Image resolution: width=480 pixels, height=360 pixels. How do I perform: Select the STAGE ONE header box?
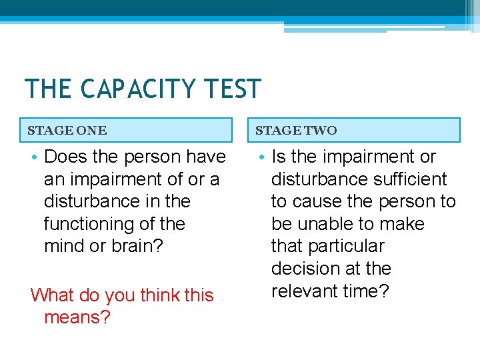tap(129, 130)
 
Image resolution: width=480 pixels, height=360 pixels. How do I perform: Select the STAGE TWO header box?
tap(357, 130)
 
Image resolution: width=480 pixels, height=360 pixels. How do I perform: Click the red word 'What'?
tap(53, 295)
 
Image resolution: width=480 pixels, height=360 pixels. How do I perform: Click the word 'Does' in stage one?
tap(65, 157)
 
